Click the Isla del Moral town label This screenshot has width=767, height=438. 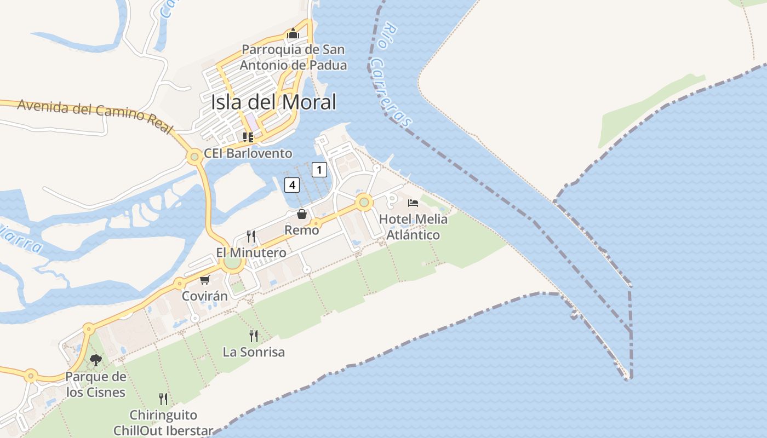click(273, 102)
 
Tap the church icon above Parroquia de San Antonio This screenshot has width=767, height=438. click(293, 34)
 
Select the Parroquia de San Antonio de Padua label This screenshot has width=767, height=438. click(293, 57)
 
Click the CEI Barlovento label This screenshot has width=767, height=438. click(248, 154)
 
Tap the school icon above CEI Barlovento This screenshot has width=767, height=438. click(248, 137)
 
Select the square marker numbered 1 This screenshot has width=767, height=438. click(319, 170)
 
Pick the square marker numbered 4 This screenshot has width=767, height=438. click(292, 185)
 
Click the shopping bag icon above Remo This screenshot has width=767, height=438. click(302, 214)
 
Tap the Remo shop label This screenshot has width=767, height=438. click(302, 230)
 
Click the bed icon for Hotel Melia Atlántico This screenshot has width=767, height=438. click(413, 203)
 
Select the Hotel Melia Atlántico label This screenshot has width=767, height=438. click(413, 227)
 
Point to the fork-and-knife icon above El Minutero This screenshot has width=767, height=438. click(251, 237)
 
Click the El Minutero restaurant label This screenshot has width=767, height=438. click(251, 253)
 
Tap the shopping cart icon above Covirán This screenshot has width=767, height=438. click(204, 280)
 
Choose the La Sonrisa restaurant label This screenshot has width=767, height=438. click(254, 352)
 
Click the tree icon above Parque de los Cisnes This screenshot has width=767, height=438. click(96, 360)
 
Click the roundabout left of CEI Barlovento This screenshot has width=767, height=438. click(193, 157)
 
